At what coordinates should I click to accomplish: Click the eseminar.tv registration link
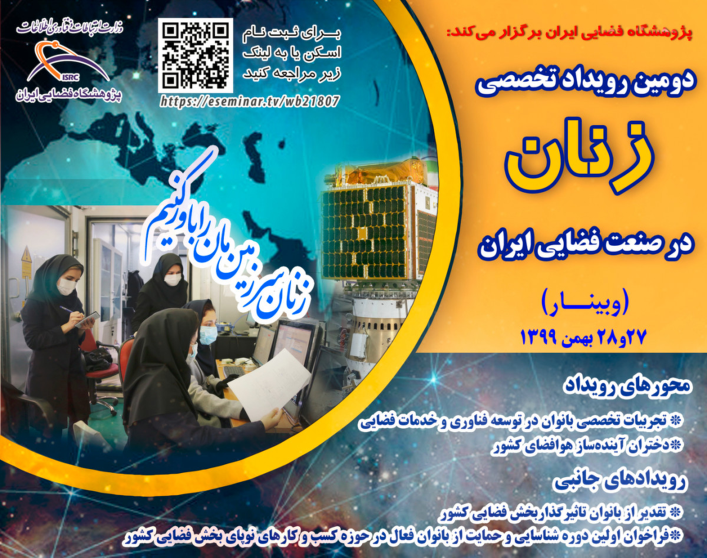pos(250,101)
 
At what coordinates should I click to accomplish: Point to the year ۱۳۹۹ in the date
pos(541,338)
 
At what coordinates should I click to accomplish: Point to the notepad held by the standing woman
pos(87,319)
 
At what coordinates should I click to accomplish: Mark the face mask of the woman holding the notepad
pos(67,286)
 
